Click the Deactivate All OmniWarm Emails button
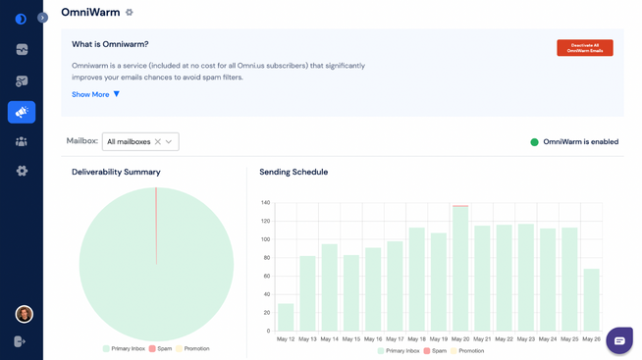584,47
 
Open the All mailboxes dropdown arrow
169,142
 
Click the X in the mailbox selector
157,142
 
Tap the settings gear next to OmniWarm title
130,13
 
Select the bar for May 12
286,317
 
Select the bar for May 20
460,268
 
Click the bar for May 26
591,299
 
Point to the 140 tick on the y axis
265,203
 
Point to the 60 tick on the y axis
265,276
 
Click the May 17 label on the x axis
395,338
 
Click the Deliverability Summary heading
116,172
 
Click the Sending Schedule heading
294,172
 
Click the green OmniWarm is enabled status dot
534,142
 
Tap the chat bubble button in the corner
618,340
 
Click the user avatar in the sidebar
24,314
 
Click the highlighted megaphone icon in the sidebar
22,112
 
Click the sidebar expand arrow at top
42,17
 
